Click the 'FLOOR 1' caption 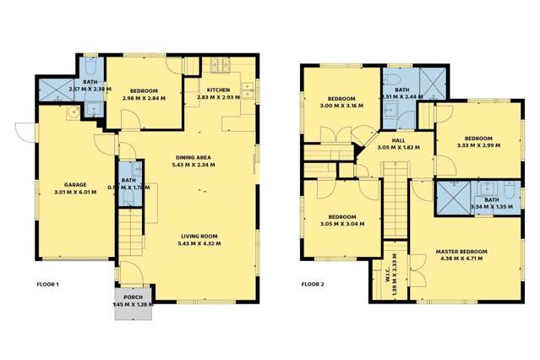pos(47,284)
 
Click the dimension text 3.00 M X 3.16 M pos(341,106)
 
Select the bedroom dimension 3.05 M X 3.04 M pos(343,224)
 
